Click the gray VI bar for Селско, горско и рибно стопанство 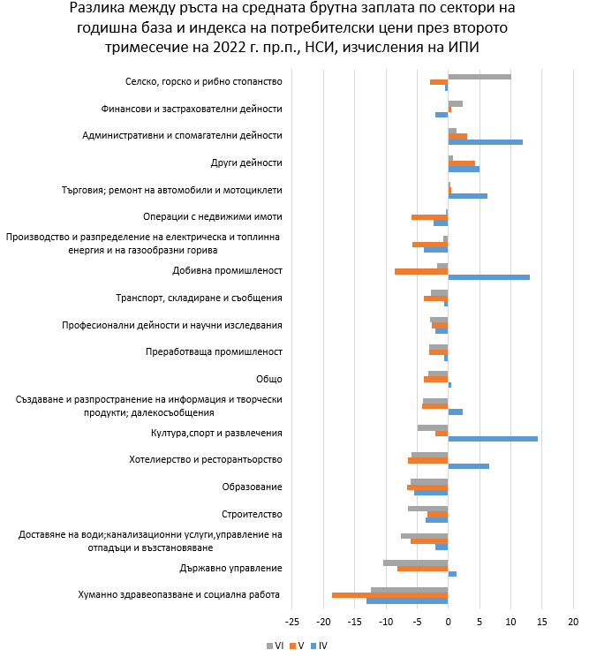click(480, 77)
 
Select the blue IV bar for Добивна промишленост click(489, 277)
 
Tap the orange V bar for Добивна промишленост click(421, 271)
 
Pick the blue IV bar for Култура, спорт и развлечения click(493, 439)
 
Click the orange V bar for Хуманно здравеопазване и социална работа click(389, 595)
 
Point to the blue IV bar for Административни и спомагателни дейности click(486, 142)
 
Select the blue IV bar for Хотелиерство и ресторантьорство click(469, 465)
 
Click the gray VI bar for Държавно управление click(416, 563)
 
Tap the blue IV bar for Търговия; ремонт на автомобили click(468, 196)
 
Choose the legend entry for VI click(275, 646)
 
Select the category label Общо click(268, 379)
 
